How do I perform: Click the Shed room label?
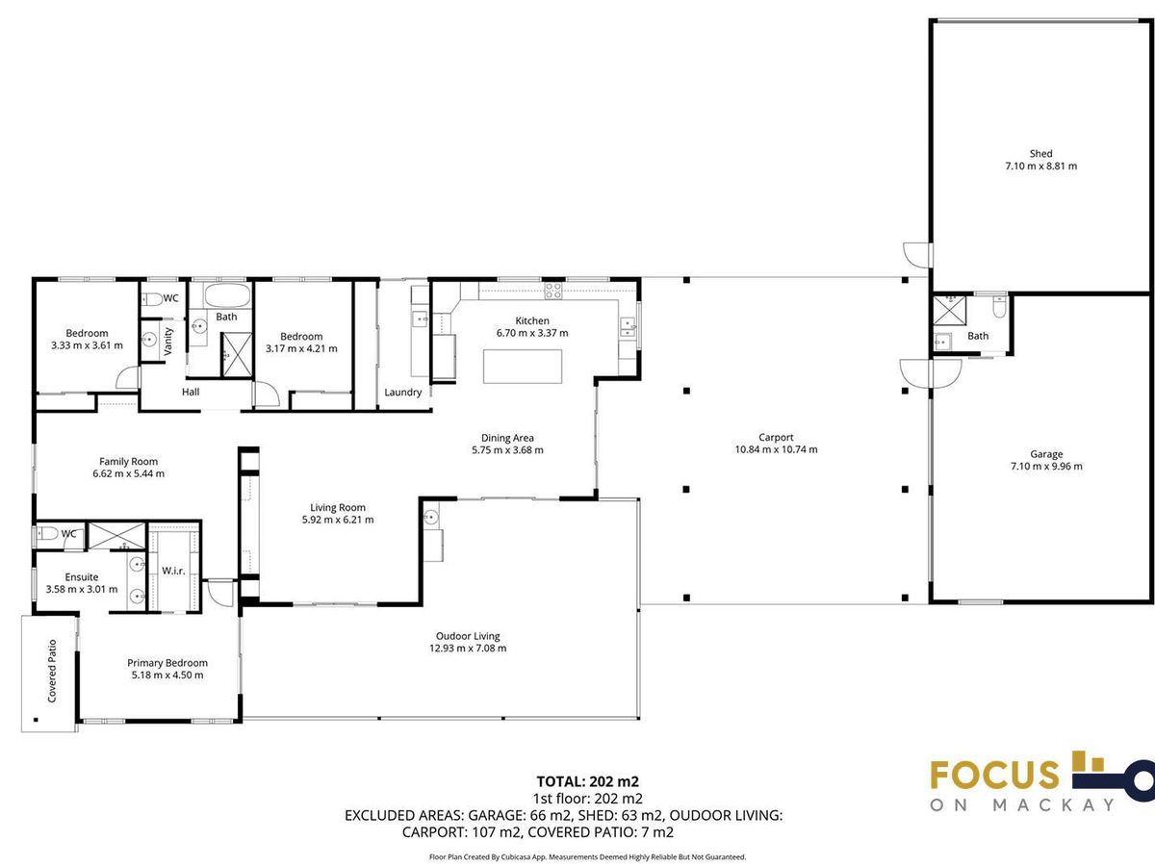tap(1040, 154)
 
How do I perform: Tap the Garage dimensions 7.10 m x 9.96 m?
tap(1046, 467)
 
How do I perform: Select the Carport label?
tap(776, 437)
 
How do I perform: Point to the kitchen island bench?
tap(523, 367)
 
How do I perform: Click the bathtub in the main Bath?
tap(226, 296)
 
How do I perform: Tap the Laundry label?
tap(403, 393)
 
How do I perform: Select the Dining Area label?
tap(507, 438)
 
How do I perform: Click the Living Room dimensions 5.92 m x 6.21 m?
tap(338, 520)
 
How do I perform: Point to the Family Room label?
tap(128, 462)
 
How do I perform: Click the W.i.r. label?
tap(173, 571)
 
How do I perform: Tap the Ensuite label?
tap(82, 576)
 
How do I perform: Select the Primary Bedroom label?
tap(167, 663)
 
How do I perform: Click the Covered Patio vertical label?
tap(52, 671)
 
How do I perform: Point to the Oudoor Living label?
tap(468, 636)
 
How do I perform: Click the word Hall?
tap(191, 392)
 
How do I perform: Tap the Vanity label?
tap(168, 342)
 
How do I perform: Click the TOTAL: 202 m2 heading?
tap(588, 782)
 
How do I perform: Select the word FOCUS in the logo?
tap(994, 775)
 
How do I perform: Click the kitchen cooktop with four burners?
tap(553, 291)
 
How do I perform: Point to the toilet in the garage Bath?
tap(999, 307)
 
